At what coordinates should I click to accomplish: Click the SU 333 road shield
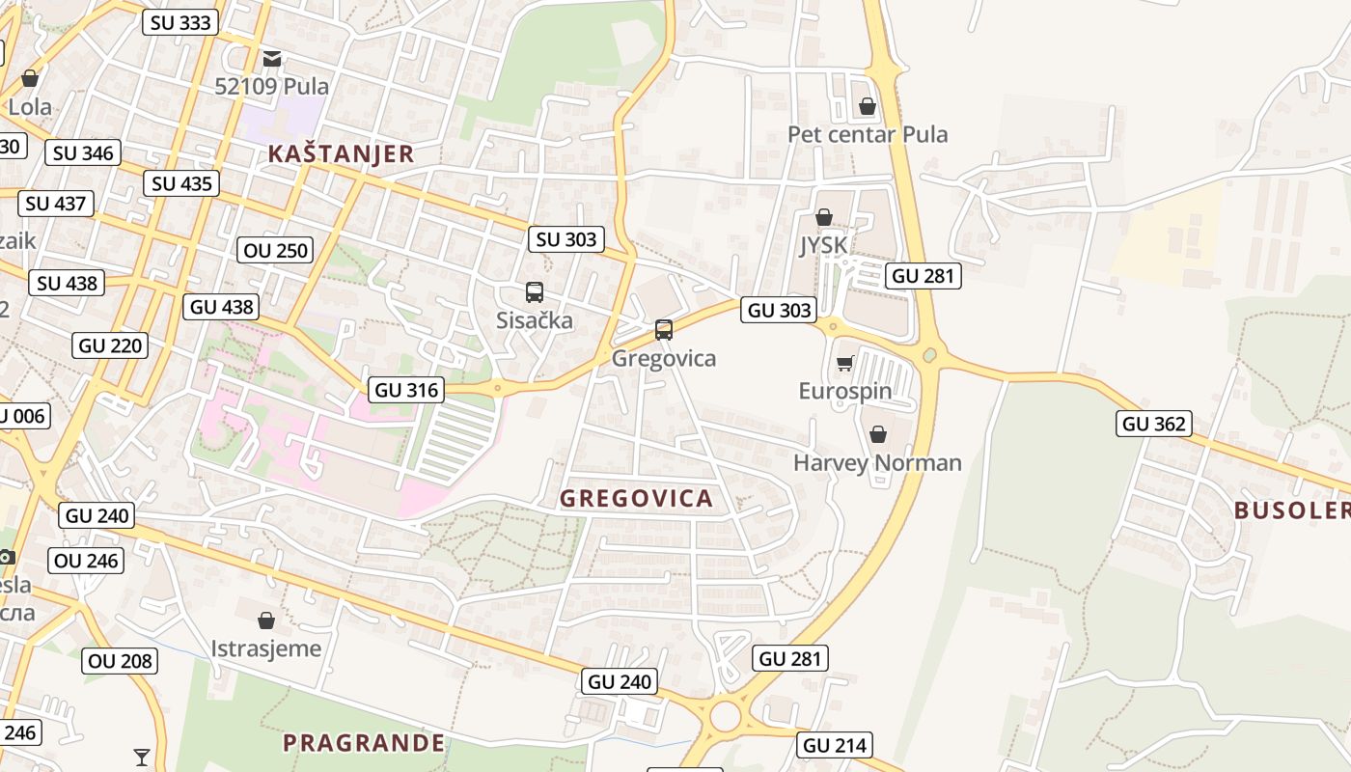pyautogui.click(x=180, y=22)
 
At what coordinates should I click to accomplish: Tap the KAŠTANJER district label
pyautogui.click(x=341, y=153)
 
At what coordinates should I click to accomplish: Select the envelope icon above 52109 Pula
pyautogui.click(x=272, y=58)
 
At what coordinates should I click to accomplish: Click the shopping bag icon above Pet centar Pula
pyautogui.click(x=867, y=106)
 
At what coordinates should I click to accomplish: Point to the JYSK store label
pyautogui.click(x=823, y=245)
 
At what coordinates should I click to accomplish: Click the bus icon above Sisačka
pyautogui.click(x=534, y=291)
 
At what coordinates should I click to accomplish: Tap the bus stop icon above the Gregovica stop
pyautogui.click(x=663, y=329)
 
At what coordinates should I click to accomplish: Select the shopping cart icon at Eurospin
pyautogui.click(x=844, y=364)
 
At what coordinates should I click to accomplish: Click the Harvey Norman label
pyautogui.click(x=877, y=462)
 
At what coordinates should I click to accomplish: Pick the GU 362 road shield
pyautogui.click(x=1154, y=423)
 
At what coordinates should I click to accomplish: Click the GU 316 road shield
pyautogui.click(x=406, y=390)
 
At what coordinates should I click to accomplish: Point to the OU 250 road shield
pyautogui.click(x=276, y=250)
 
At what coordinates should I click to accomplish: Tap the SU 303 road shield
pyautogui.click(x=565, y=238)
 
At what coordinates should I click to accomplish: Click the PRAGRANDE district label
pyautogui.click(x=364, y=743)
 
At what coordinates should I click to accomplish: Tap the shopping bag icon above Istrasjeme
pyautogui.click(x=266, y=620)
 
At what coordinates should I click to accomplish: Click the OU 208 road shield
pyautogui.click(x=120, y=660)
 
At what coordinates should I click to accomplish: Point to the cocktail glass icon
pyautogui.click(x=142, y=757)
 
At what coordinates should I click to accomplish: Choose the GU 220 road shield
pyautogui.click(x=110, y=345)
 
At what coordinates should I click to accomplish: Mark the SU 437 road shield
pyautogui.click(x=56, y=203)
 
